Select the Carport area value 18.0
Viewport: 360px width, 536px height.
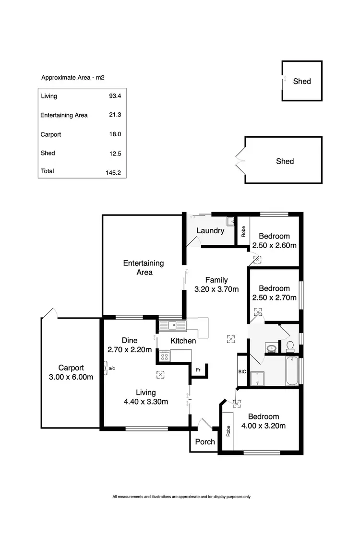click(x=115, y=134)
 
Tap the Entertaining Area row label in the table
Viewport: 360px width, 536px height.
click(x=64, y=115)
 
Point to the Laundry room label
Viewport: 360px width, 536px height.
click(x=210, y=230)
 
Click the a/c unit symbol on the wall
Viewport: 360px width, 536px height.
click(x=106, y=368)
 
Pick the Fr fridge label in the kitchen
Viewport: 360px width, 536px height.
click(x=198, y=370)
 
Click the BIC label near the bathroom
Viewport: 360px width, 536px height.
click(x=242, y=371)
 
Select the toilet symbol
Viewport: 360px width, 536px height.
click(x=289, y=345)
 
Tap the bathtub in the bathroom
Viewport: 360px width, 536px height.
click(x=292, y=371)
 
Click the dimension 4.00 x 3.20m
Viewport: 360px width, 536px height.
click(x=267, y=426)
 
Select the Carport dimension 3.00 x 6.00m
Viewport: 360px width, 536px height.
click(x=71, y=377)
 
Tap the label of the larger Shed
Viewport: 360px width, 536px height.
click(x=285, y=161)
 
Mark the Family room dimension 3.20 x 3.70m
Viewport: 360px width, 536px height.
click(x=216, y=289)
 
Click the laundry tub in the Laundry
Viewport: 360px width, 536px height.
click(x=230, y=221)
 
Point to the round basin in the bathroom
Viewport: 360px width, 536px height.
click(x=271, y=348)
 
